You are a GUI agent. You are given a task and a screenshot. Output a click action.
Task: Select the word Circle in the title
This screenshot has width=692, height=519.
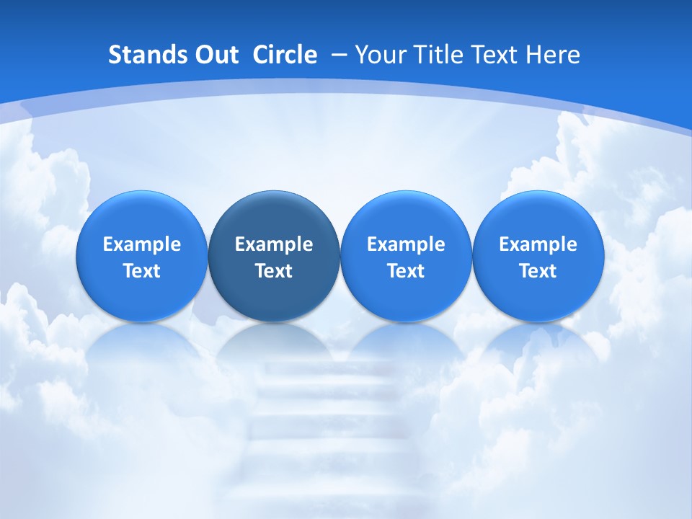(x=285, y=55)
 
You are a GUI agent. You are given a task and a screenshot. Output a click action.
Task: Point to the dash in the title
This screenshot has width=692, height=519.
(x=338, y=55)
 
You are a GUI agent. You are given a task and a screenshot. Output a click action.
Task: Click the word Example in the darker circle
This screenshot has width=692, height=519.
(x=274, y=244)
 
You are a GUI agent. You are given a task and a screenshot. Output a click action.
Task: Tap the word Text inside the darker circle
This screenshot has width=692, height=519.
(x=274, y=271)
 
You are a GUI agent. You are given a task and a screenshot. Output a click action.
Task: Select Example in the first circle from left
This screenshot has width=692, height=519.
(x=142, y=244)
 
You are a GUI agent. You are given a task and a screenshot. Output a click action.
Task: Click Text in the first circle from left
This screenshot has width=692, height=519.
(x=142, y=271)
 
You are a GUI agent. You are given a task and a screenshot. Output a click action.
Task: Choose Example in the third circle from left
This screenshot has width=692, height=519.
(x=406, y=244)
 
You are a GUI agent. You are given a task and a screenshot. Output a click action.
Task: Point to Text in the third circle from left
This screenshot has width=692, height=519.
(x=406, y=271)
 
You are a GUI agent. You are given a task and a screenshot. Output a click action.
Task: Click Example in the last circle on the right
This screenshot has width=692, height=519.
(x=538, y=244)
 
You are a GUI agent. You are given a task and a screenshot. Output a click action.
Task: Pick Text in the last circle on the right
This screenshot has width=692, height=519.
(x=538, y=271)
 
